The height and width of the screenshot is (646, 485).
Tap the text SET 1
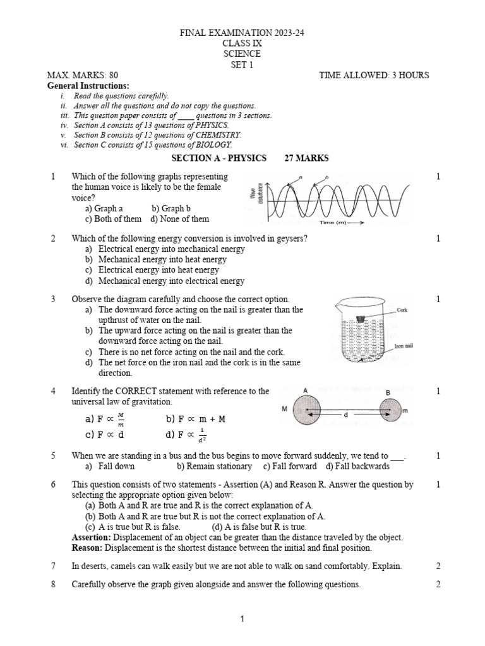(242, 64)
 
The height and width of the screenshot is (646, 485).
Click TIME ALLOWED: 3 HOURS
(374, 75)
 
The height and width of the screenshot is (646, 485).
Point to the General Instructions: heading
(88, 85)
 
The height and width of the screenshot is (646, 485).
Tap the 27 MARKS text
(306, 158)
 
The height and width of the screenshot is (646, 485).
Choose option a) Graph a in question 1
(104, 208)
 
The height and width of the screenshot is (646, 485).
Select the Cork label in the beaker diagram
(404, 310)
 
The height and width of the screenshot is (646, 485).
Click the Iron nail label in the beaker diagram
(404, 346)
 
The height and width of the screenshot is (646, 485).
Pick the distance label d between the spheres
(347, 416)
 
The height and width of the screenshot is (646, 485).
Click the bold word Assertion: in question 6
(92, 537)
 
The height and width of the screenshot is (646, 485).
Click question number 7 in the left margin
(54, 566)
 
